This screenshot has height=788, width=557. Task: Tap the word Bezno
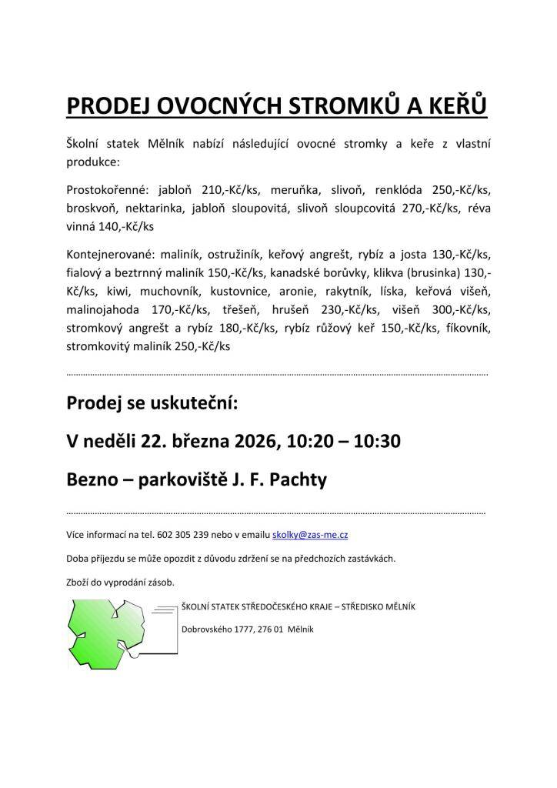pos(93,479)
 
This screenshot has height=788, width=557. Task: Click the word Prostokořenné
pos(108,189)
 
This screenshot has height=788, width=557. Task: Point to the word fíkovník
pos(465,329)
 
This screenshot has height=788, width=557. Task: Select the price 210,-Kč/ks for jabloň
pos(229,189)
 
